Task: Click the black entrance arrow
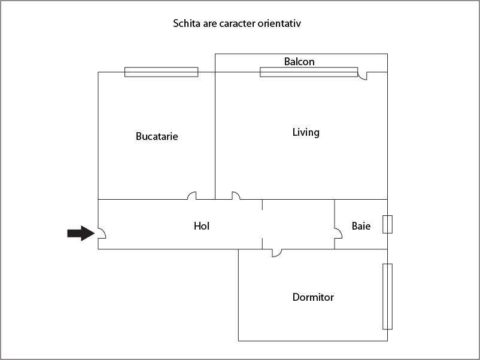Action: (x=81, y=233)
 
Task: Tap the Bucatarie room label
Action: (x=157, y=136)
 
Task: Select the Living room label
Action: (x=306, y=132)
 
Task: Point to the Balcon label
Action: (x=299, y=62)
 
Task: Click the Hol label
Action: (x=202, y=226)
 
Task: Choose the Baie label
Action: (x=361, y=226)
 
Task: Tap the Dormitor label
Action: (x=313, y=297)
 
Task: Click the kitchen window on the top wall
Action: (x=162, y=72)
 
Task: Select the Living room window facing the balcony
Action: (x=309, y=72)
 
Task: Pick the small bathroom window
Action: (x=388, y=224)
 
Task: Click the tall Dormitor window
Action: (x=388, y=297)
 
